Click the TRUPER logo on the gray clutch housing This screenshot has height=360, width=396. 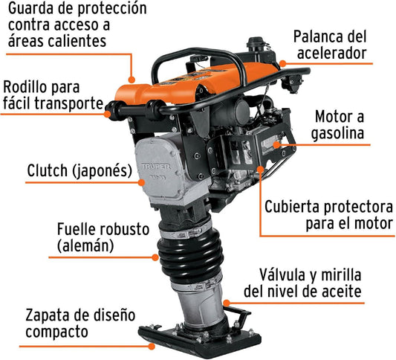pyautogui.click(x=156, y=167)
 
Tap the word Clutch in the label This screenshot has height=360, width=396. pyautogui.click(x=48, y=170)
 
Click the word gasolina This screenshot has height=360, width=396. pyautogui.click(x=337, y=133)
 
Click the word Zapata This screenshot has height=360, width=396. pyautogui.click(x=48, y=315)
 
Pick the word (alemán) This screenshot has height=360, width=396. pyautogui.click(x=85, y=245)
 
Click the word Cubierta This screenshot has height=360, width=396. pyautogui.click(x=292, y=207)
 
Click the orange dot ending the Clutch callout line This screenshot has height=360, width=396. pyautogui.click(x=141, y=182)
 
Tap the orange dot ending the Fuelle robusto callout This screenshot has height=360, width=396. pyautogui.click(x=155, y=257)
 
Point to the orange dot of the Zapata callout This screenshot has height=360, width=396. pyautogui.click(x=152, y=347)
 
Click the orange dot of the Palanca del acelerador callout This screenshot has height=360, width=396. pyautogui.click(x=283, y=63)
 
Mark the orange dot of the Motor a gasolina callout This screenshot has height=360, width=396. pyautogui.click(x=277, y=145)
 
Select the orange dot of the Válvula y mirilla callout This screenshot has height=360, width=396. pyautogui.click(x=227, y=303)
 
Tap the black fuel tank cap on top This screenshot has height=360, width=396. pyautogui.click(x=256, y=42)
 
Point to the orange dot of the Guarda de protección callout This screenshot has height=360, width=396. pyautogui.click(x=132, y=80)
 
